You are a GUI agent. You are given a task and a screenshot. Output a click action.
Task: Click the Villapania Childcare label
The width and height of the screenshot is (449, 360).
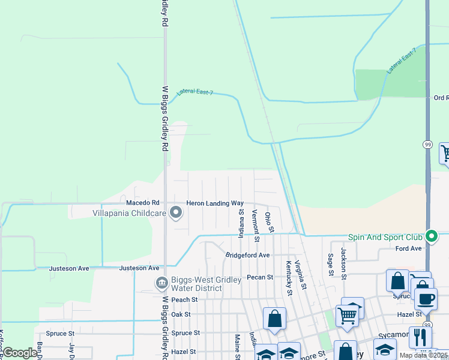129,213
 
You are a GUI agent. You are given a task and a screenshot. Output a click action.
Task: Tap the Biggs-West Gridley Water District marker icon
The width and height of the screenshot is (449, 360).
161,282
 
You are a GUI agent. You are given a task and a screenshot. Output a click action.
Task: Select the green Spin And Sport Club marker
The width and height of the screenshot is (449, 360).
430,235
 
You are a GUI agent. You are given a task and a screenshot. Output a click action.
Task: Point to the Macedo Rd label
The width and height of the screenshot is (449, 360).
142,203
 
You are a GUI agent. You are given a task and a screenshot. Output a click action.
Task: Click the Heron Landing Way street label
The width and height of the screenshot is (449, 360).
215,203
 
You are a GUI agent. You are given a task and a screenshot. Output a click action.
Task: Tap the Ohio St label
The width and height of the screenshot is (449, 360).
270,222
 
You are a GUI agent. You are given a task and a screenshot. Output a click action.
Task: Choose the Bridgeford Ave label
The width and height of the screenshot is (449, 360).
247,255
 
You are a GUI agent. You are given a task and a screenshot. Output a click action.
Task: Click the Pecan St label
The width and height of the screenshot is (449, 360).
260,277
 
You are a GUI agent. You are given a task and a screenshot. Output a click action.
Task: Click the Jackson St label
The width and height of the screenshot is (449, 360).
344,263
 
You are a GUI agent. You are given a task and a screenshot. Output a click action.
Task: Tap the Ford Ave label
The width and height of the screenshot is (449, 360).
409,248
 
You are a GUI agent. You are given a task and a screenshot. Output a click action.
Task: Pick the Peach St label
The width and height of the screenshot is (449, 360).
184,299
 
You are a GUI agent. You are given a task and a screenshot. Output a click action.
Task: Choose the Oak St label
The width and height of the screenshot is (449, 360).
181,314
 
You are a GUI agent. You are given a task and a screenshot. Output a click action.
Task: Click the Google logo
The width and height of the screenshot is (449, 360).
20,353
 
